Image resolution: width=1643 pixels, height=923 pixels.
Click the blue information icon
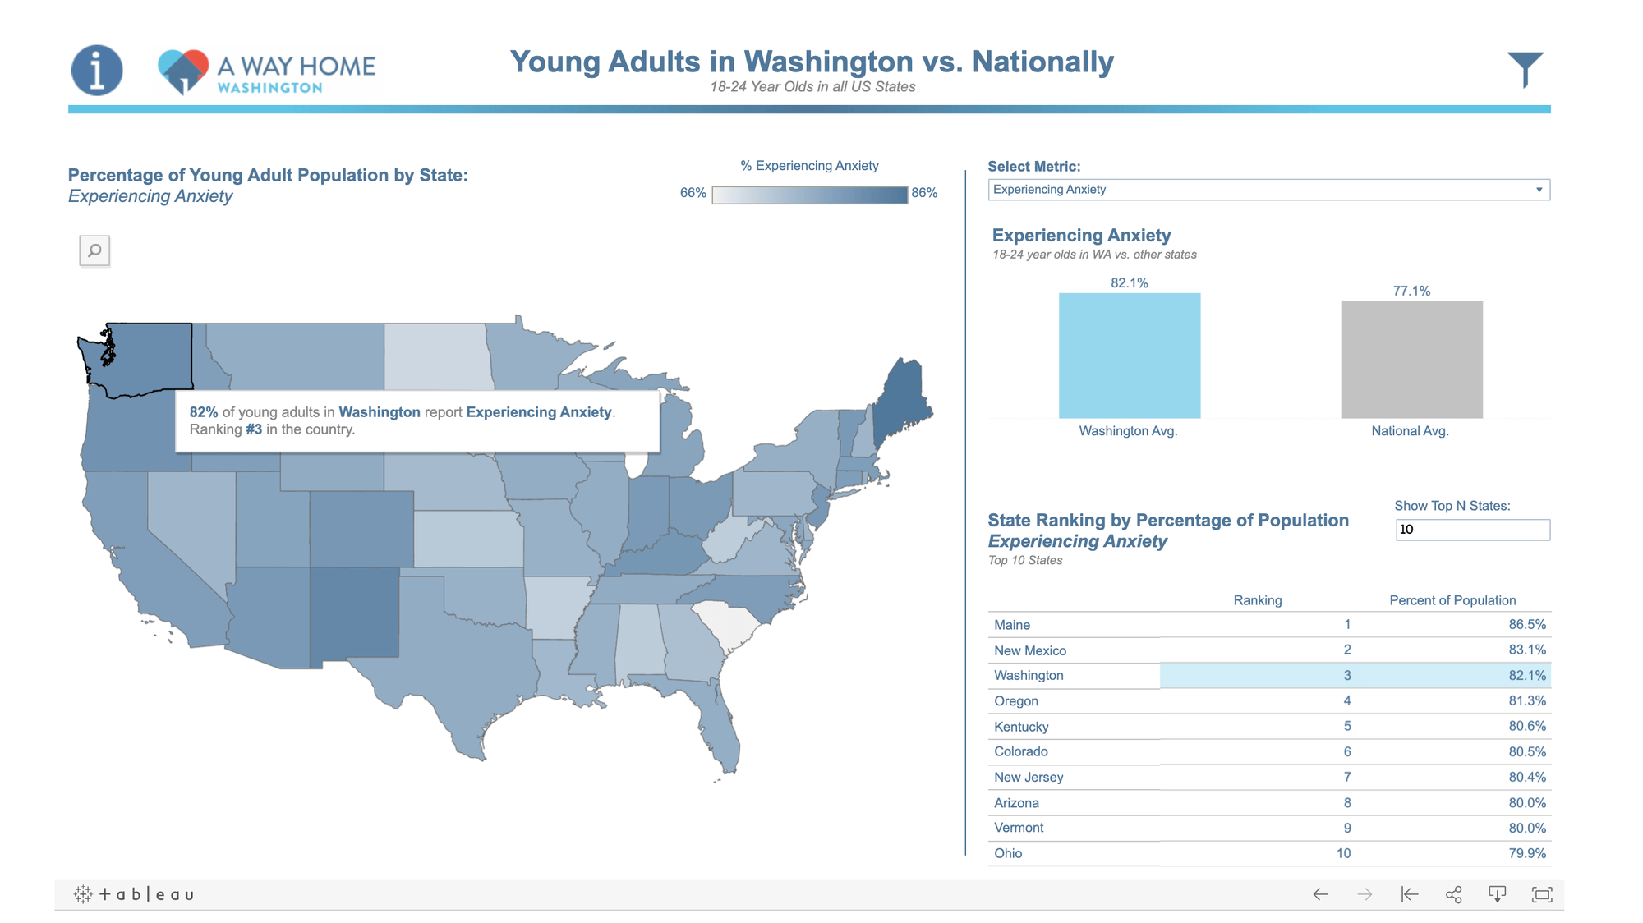(x=97, y=70)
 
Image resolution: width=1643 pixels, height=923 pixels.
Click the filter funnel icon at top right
(x=1525, y=68)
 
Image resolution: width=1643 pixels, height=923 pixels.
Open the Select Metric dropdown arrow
(x=1539, y=190)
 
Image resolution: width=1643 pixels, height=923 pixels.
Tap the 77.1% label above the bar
(x=1411, y=291)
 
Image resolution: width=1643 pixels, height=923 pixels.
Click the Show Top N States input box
(x=1472, y=530)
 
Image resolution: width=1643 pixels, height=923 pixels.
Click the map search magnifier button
(x=94, y=250)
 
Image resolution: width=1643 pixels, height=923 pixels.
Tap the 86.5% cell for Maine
(x=1526, y=625)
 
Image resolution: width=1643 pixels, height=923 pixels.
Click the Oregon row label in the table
(x=1016, y=701)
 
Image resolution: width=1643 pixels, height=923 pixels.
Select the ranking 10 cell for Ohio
(x=1343, y=853)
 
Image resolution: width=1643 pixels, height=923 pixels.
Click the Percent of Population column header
(x=1452, y=600)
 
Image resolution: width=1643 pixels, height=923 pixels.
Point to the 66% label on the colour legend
(x=693, y=193)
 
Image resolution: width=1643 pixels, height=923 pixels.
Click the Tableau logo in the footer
(x=135, y=894)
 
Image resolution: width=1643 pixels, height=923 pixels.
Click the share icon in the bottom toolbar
(x=1453, y=894)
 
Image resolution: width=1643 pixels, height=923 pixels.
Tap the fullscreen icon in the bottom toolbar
(x=1542, y=894)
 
